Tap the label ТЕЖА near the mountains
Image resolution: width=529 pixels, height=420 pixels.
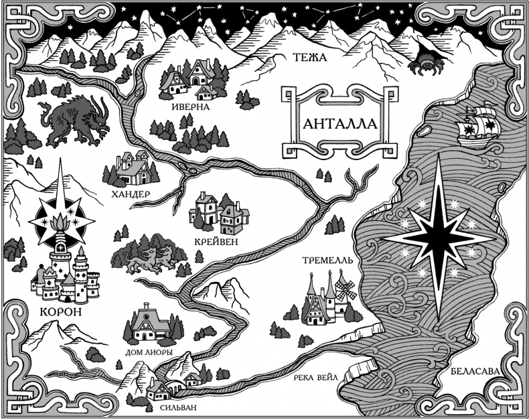[x=309, y=59]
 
